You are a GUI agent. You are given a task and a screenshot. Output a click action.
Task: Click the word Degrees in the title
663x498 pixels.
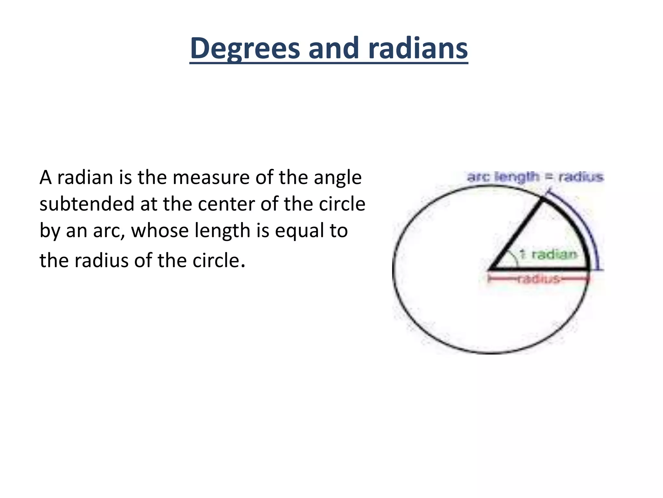[245, 49]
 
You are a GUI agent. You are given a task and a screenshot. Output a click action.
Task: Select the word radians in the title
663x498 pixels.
[418, 49]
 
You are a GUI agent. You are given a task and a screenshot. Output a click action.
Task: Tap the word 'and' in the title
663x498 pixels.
[334, 49]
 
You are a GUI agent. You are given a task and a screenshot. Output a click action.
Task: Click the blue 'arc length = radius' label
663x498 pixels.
[535, 177]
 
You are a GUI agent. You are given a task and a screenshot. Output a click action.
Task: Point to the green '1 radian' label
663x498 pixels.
[549, 254]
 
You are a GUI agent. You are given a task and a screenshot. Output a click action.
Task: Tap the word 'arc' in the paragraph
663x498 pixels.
[109, 231]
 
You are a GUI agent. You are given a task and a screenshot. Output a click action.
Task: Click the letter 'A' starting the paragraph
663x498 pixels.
[46, 178]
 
